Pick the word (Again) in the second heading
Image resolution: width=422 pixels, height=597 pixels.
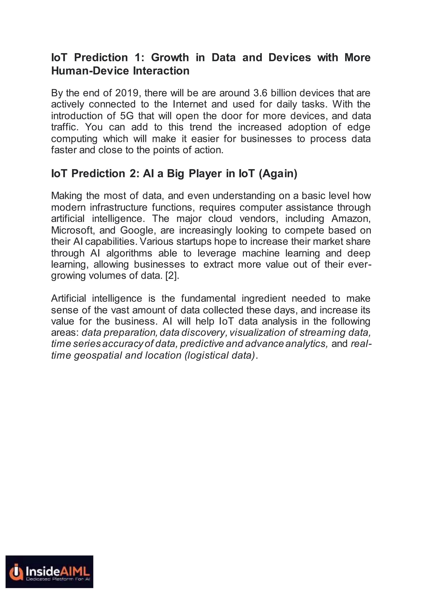[x=278, y=174]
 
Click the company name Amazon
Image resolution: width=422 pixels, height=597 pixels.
[x=351, y=219]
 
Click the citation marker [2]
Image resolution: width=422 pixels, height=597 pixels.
[x=172, y=276]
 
